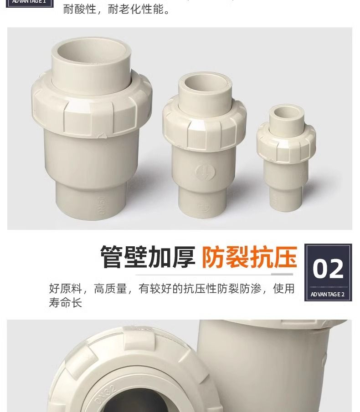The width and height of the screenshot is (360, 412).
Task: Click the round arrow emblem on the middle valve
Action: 202,172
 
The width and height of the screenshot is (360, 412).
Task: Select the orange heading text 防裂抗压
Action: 249,258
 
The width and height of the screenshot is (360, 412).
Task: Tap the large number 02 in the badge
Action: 328,269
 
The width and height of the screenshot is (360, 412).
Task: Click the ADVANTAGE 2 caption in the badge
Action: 328,295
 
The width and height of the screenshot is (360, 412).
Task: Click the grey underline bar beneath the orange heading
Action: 282,274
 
